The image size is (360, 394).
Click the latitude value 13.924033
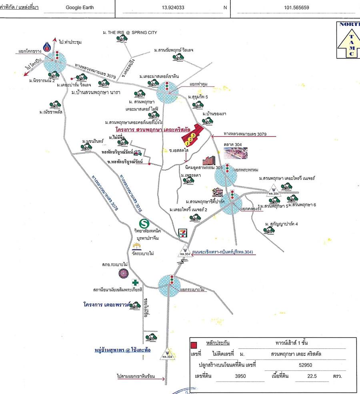[173, 7]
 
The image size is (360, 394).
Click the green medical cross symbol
[136, 282]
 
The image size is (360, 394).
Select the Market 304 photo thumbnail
[236, 153]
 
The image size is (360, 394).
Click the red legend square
[194, 345]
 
